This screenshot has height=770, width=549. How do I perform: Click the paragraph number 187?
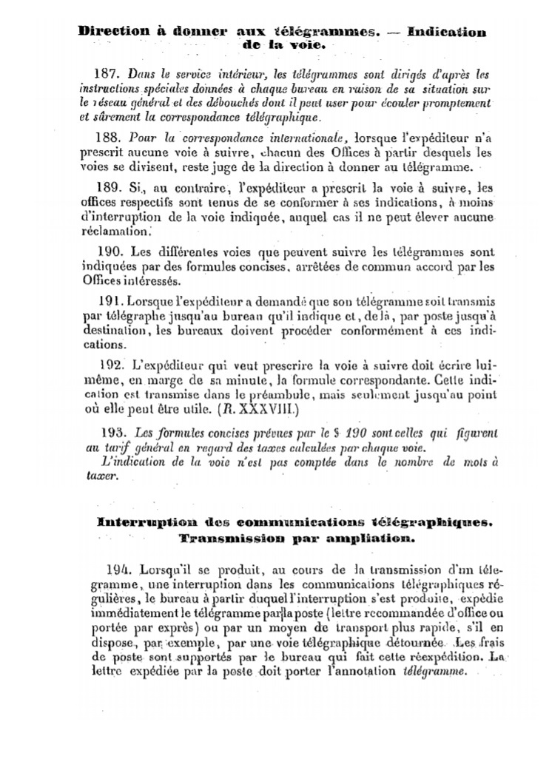pyautogui.click(x=110, y=75)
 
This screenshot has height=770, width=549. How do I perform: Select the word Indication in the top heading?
pyautogui.click(x=447, y=33)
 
